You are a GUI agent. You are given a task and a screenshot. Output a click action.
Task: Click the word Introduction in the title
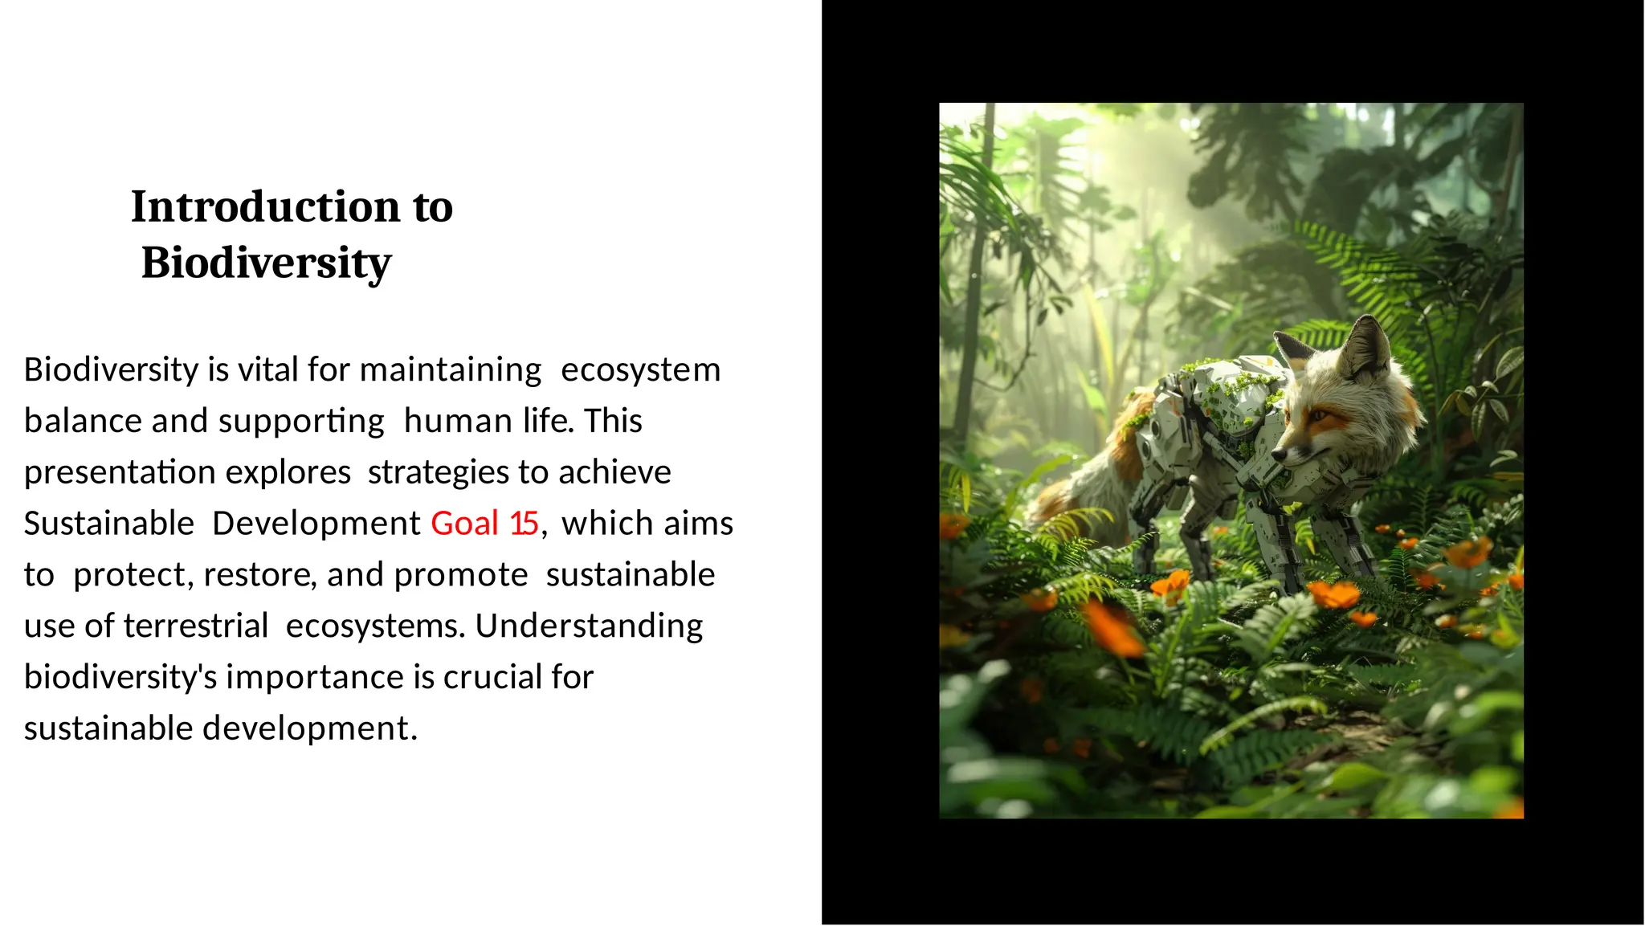point(266,207)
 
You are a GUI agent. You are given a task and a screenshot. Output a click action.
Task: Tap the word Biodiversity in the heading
point(266,263)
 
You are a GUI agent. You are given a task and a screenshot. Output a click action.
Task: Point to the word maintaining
point(451,369)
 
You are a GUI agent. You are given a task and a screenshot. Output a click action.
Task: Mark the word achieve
point(614,472)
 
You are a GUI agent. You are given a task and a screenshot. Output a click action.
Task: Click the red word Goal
point(465,524)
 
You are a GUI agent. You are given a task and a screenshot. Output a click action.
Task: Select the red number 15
point(524,524)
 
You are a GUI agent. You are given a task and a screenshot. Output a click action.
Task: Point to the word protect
point(129,575)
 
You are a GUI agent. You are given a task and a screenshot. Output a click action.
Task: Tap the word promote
point(461,575)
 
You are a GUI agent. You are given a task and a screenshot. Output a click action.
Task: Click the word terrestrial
point(196,626)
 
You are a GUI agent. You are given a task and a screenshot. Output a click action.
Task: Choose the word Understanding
point(589,626)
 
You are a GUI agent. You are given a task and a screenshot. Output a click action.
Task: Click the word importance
point(316,677)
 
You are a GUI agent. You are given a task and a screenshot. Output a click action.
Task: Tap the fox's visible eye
point(1319,415)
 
